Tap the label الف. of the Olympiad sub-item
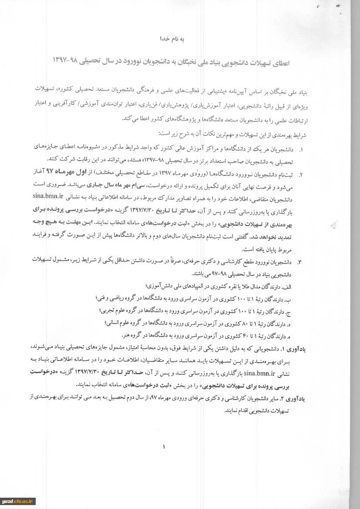pyautogui.click(x=286, y=287)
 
